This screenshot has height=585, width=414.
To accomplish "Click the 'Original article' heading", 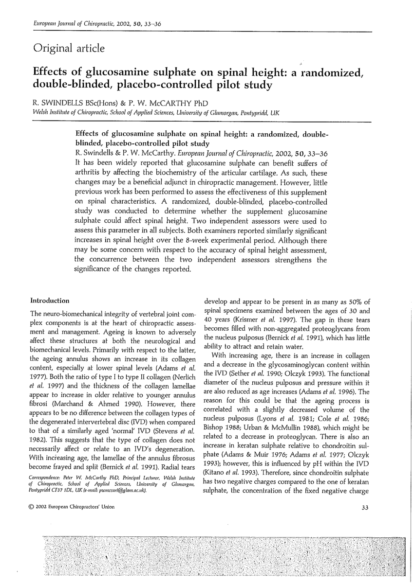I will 69,48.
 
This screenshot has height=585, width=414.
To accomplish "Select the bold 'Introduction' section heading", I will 50,301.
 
